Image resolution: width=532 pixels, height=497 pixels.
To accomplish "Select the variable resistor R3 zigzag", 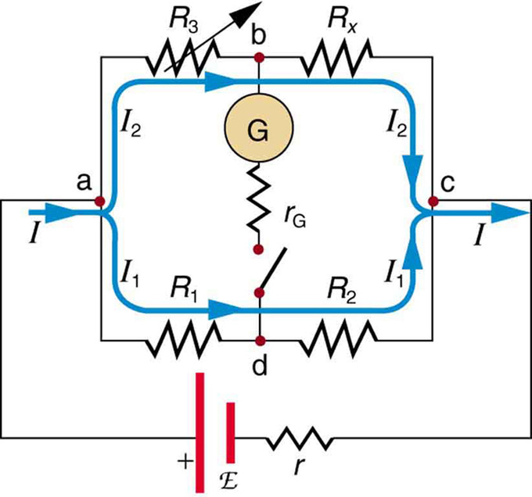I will (182, 57).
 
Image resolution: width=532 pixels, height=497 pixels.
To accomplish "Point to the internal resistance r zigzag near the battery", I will (301, 442).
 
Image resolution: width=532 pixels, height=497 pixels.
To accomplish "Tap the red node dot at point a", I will (100, 201).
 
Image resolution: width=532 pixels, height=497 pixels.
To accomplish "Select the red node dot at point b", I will (257, 57).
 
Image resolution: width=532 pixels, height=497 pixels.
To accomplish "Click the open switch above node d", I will (270, 274).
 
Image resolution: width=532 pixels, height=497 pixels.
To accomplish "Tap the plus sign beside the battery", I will (184, 462).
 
